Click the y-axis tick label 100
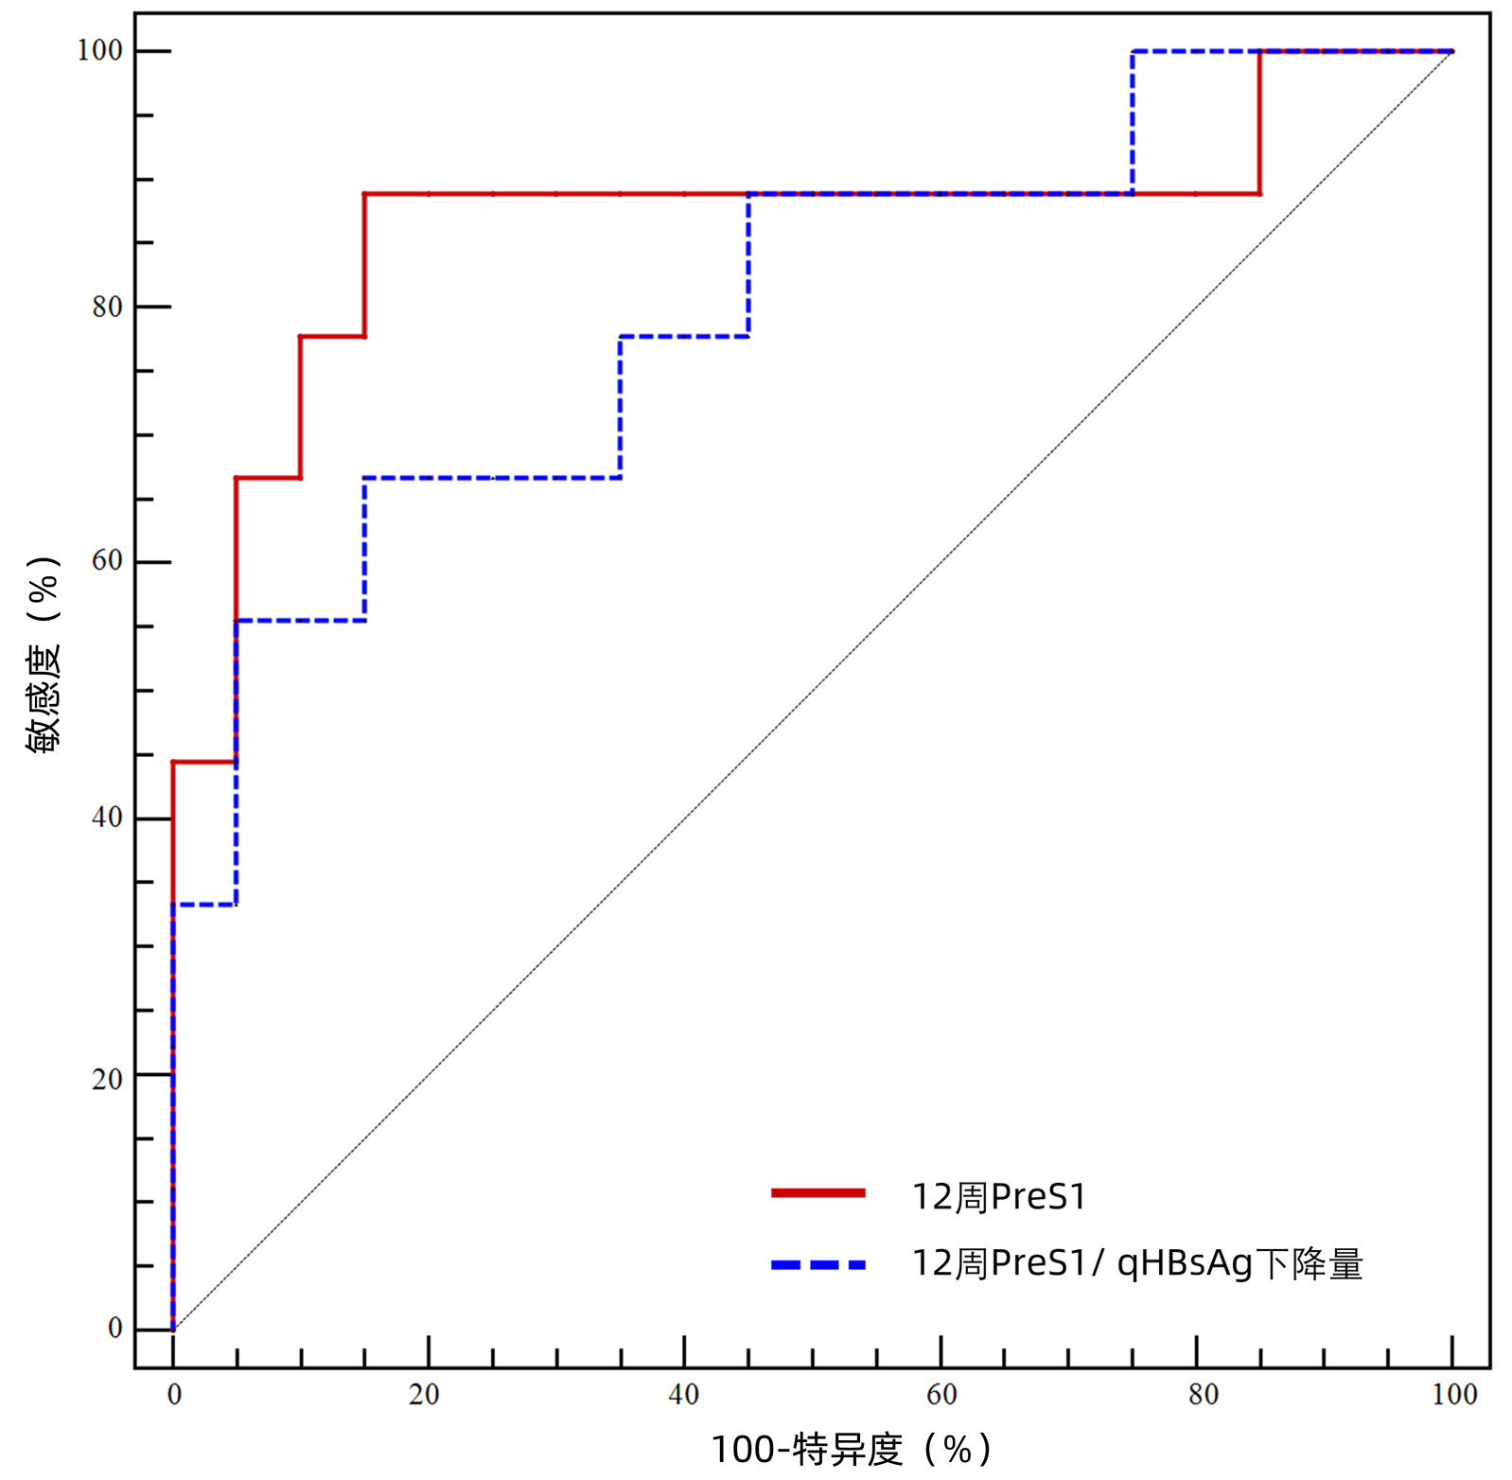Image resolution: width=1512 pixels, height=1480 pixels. point(100,50)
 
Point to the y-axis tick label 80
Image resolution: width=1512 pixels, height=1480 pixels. point(107,307)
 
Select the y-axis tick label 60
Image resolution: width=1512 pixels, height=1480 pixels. point(107,561)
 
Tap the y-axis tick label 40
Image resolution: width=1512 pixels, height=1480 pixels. point(107,818)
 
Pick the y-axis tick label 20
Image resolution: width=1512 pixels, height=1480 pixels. point(107,1079)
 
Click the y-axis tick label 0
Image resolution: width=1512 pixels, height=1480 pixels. point(115,1328)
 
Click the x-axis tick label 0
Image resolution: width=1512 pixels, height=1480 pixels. point(174,1395)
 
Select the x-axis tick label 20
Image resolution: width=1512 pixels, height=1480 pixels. point(424,1395)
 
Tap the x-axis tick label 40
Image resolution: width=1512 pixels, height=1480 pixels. point(683,1395)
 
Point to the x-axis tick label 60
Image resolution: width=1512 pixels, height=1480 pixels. point(941,1395)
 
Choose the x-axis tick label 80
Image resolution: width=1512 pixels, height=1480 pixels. point(1204,1395)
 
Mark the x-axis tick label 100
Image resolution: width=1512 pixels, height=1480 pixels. point(1454,1395)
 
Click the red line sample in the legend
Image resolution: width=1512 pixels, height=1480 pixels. point(818,1193)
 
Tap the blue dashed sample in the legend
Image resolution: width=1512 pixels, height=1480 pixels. point(818,1264)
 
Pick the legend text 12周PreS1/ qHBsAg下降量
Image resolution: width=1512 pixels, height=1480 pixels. point(1136,1264)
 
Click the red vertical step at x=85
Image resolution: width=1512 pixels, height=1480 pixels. point(1259,122)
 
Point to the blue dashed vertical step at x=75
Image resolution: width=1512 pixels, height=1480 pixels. point(1133,122)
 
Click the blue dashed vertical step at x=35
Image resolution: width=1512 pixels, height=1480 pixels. point(620,407)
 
